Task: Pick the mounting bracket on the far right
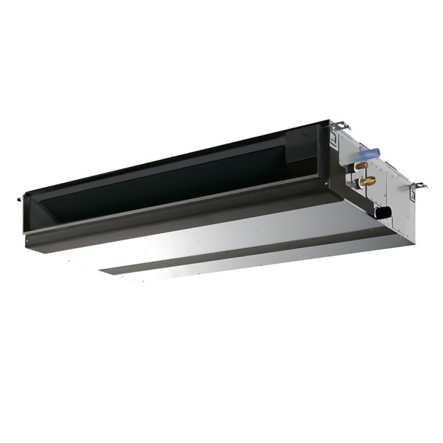(x=419, y=187)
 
